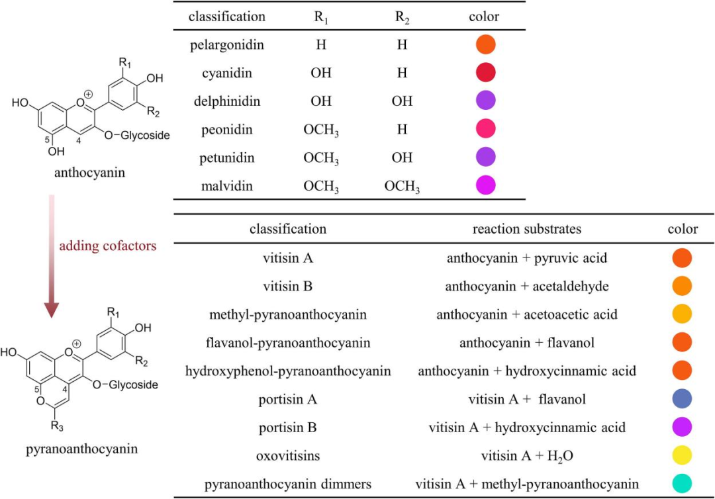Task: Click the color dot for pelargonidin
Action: tap(485, 45)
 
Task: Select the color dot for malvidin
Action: tap(485, 185)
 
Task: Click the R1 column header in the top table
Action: tap(321, 17)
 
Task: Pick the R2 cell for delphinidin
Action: tap(402, 101)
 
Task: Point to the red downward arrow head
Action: tap(52, 308)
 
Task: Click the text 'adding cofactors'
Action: tap(108, 246)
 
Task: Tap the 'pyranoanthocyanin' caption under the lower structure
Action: tap(81, 449)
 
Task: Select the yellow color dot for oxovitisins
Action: tap(681, 456)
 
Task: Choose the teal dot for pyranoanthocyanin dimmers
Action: tap(681, 484)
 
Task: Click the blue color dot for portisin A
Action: tap(681, 399)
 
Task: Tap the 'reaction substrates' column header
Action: tap(526, 229)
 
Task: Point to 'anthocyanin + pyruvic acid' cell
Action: tap(526, 257)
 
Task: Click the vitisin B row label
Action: tap(287, 286)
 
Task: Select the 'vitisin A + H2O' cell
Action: tap(526, 456)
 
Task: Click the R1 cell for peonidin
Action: tap(321, 130)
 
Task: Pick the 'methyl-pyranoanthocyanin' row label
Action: tap(287, 314)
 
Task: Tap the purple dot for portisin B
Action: tap(681, 428)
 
